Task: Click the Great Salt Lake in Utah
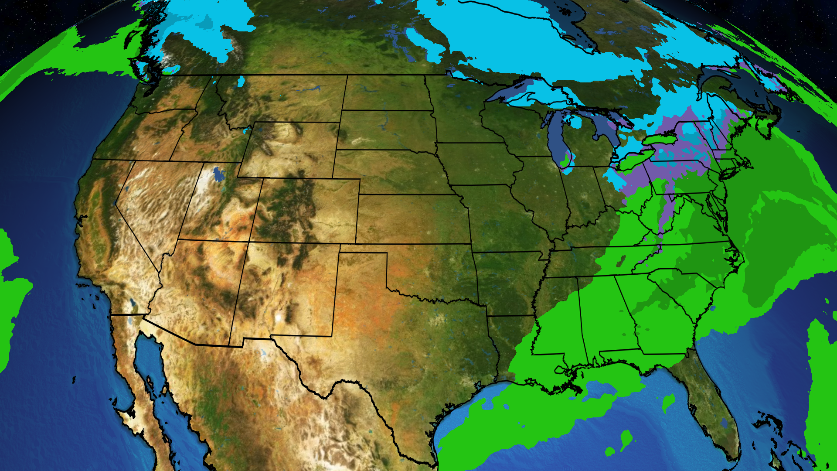[218, 174]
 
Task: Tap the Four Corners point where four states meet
[249, 242]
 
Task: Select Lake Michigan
[554, 140]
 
